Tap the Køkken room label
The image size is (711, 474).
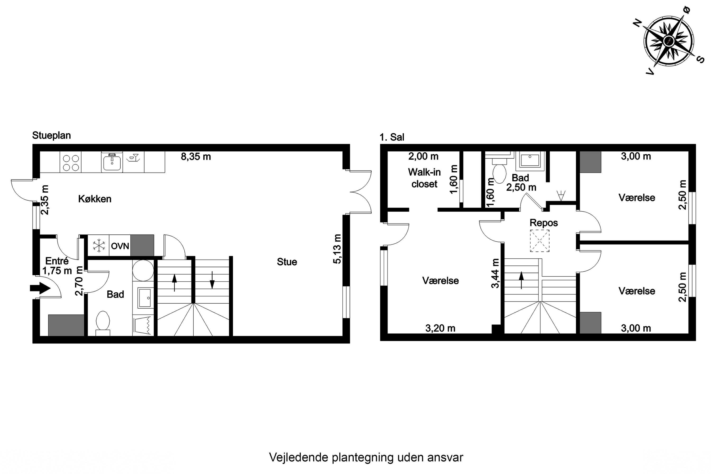pos(95,199)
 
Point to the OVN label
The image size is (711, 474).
pos(120,246)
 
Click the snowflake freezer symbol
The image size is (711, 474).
pos(99,246)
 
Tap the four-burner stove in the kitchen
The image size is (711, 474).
pos(71,163)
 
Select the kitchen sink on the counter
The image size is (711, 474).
pos(112,162)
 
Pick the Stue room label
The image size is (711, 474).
pos(287,262)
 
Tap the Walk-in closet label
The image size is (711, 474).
pos(424,178)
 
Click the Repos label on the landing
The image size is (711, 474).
pos(543,223)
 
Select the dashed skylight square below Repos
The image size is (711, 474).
pos(540,241)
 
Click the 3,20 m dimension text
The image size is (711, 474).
pos(440,328)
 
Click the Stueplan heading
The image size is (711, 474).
pos(51,135)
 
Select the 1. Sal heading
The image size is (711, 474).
pos(392,137)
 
